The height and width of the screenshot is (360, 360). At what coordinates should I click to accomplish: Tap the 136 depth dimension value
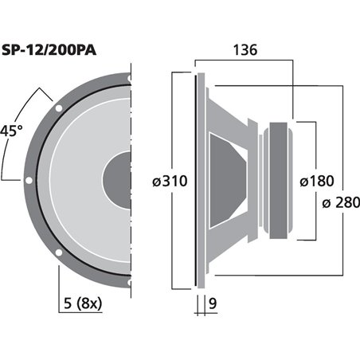244,50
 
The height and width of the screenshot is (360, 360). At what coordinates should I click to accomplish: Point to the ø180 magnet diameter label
316,181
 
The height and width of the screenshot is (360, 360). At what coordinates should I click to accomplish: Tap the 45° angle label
11,130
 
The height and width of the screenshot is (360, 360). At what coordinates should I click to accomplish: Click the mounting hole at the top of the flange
127,77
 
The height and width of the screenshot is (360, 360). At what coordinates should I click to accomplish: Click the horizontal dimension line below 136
244,61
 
